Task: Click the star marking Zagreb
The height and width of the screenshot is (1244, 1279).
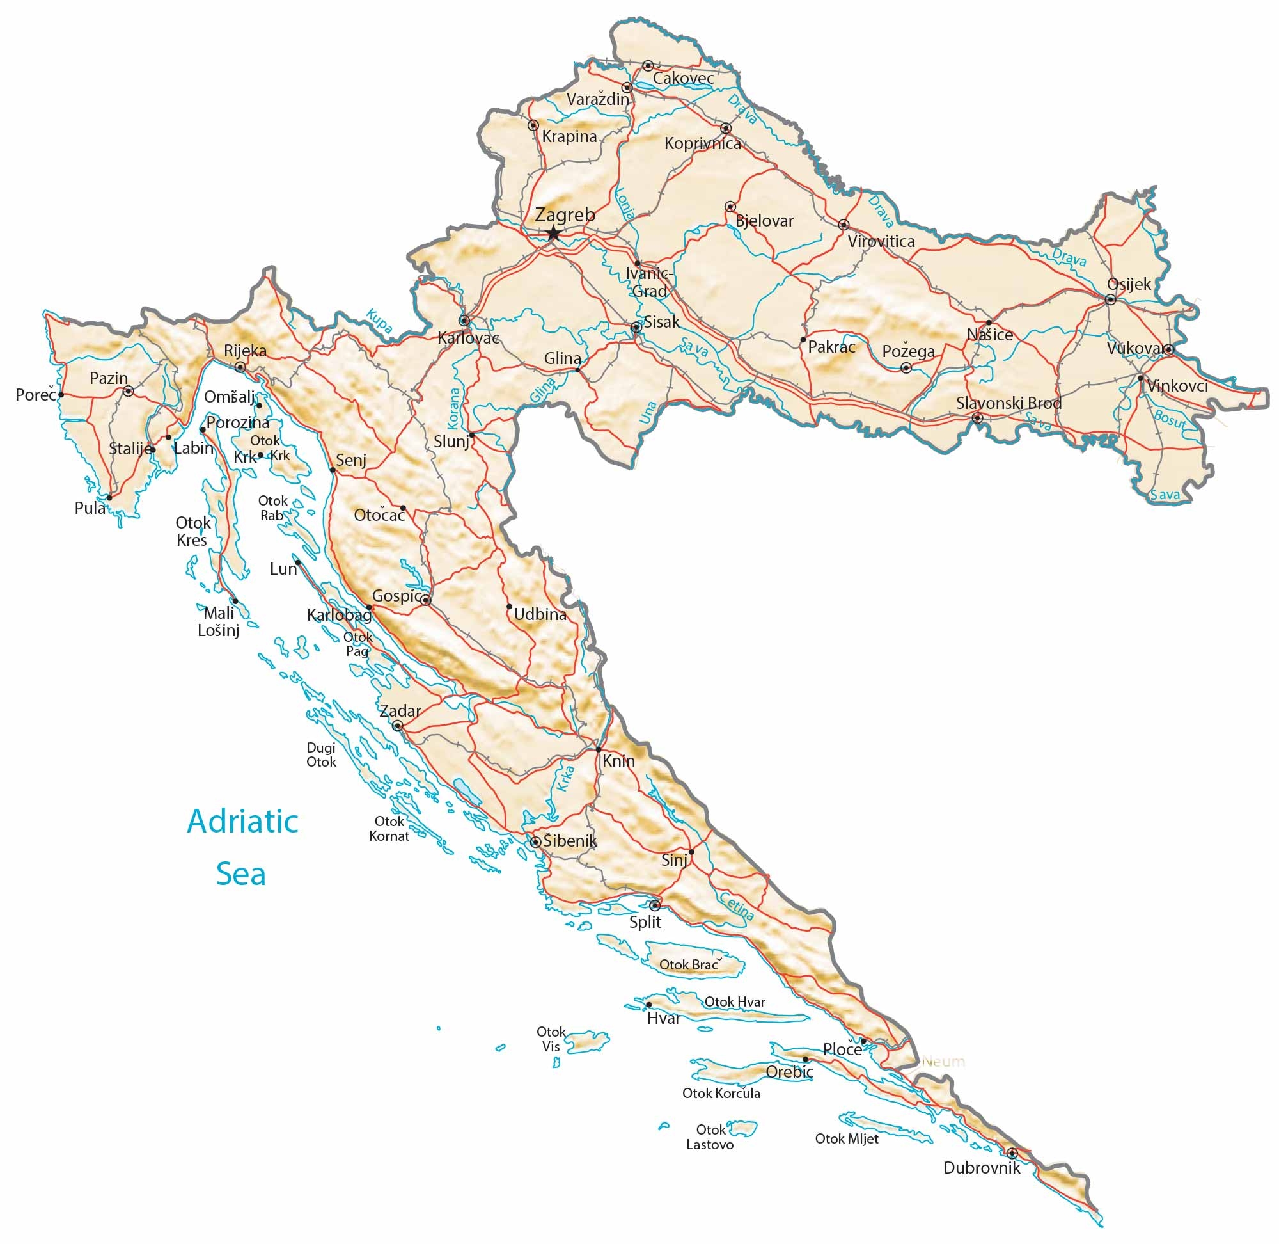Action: pos(553,233)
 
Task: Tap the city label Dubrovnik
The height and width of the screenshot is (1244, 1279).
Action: pos(981,1168)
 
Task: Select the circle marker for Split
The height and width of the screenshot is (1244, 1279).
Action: pos(654,905)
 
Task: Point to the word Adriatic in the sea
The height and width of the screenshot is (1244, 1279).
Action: pos(242,821)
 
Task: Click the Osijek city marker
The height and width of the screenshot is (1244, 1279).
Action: pos(1110,300)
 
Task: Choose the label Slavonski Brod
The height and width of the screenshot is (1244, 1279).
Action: pos(1008,403)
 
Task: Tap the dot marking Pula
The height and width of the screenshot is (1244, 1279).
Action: pos(109,498)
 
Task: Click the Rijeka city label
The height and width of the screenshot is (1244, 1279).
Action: pos(245,351)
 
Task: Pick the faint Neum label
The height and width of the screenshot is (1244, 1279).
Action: pos(943,1062)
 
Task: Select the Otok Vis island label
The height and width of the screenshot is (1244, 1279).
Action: pos(551,1039)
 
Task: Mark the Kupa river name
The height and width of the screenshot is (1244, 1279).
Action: pos(379,321)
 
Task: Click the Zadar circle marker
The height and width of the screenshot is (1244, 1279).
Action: pos(397,725)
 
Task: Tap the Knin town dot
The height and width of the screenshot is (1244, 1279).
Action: pos(598,749)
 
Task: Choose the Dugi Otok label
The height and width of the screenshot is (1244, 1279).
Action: pos(321,754)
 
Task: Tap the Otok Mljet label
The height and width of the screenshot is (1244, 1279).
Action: pos(846,1139)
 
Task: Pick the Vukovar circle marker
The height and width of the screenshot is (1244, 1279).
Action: pos(1168,349)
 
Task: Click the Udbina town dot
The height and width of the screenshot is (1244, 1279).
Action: pos(509,606)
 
